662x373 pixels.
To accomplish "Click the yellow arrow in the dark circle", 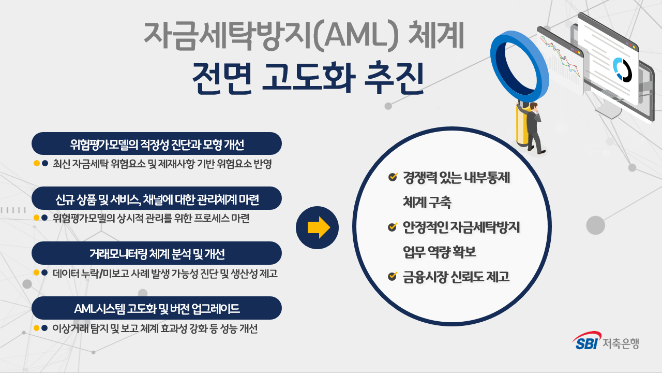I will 318,227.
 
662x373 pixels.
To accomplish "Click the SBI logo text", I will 585,342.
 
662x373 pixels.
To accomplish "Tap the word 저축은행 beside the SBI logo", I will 620,343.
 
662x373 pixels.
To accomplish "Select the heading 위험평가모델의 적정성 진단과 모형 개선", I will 157,144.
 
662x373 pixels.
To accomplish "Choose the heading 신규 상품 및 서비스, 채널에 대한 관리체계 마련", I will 157,198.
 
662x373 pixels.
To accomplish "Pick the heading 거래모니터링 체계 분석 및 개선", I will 157,253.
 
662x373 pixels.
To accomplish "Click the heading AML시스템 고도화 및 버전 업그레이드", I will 157,309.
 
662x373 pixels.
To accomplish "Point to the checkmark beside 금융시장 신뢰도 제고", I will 393,277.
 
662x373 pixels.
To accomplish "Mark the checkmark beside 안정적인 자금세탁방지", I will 393,226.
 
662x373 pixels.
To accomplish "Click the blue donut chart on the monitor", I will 621,69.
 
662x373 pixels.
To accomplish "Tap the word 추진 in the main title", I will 395,78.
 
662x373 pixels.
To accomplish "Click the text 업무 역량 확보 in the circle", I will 439,252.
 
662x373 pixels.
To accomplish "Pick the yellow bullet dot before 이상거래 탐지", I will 36,328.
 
